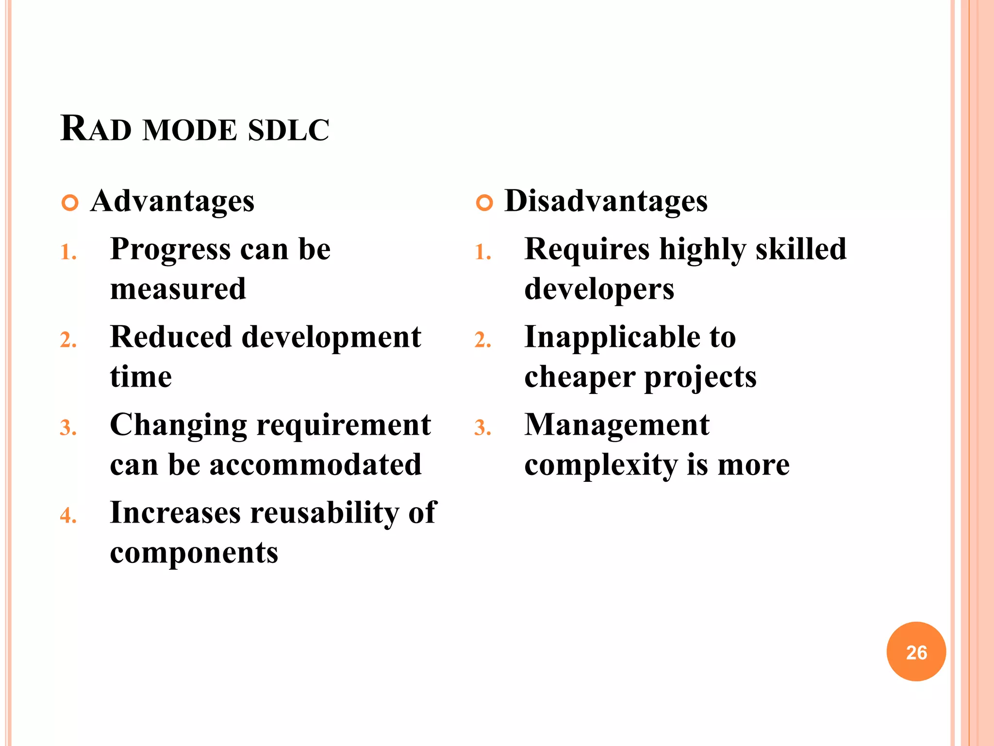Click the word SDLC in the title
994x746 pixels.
(x=288, y=130)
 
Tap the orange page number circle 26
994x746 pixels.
(x=916, y=652)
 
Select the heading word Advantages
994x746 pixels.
(x=172, y=201)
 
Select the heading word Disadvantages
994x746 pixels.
(x=606, y=201)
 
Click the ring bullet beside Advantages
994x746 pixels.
(x=70, y=203)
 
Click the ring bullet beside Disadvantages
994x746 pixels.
(x=484, y=203)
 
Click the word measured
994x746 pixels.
(x=178, y=289)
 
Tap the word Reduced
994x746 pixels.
(x=171, y=337)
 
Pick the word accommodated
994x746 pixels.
(x=315, y=465)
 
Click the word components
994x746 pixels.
(x=194, y=553)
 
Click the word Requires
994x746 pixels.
(x=587, y=250)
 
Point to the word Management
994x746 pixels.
(x=617, y=425)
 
